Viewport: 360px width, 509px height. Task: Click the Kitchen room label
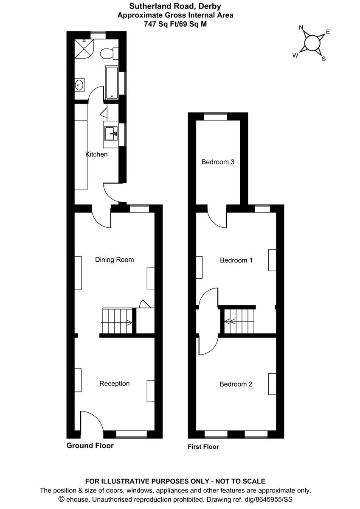click(x=96, y=154)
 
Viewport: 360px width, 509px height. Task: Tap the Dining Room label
click(x=114, y=260)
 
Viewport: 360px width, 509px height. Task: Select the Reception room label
click(x=114, y=383)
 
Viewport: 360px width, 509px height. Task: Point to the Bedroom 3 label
click(x=218, y=162)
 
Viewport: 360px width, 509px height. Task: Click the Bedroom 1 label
click(x=236, y=260)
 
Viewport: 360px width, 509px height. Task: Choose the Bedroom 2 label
click(x=236, y=384)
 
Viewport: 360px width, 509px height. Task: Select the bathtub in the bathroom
click(x=112, y=82)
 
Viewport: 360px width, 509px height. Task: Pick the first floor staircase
click(x=238, y=322)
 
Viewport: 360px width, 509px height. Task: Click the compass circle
click(x=312, y=43)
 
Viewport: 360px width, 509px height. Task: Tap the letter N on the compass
click(x=301, y=28)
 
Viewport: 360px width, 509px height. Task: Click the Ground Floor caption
click(x=90, y=446)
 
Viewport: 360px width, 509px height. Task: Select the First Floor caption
click(x=203, y=447)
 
